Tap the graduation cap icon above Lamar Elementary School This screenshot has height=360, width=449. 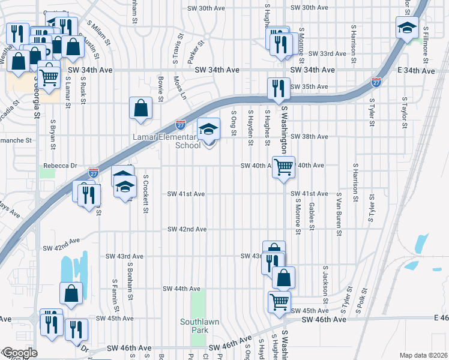[208, 128]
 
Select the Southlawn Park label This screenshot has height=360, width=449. [200, 326]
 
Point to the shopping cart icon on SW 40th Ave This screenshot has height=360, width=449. [283, 167]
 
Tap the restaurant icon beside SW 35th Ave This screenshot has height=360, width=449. [277, 88]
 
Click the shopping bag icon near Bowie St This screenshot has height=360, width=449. [140, 109]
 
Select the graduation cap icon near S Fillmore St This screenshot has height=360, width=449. [407, 28]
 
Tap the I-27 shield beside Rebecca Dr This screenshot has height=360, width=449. [93, 172]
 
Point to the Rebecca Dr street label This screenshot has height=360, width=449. [60, 166]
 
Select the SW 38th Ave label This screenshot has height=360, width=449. [309, 137]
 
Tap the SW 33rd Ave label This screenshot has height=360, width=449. [327, 54]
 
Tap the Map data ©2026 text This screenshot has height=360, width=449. [423, 355]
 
